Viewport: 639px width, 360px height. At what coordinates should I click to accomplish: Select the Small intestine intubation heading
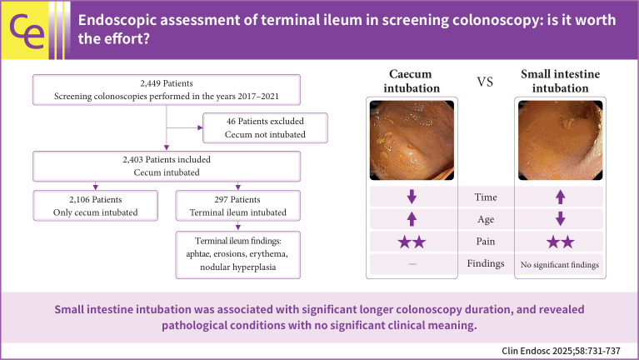click(x=560, y=81)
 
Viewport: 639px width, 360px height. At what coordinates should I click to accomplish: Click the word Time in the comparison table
click(x=487, y=197)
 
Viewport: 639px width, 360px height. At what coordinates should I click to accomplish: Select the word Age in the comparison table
click(x=487, y=219)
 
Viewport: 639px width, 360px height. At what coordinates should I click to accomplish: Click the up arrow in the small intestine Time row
click(x=560, y=197)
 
